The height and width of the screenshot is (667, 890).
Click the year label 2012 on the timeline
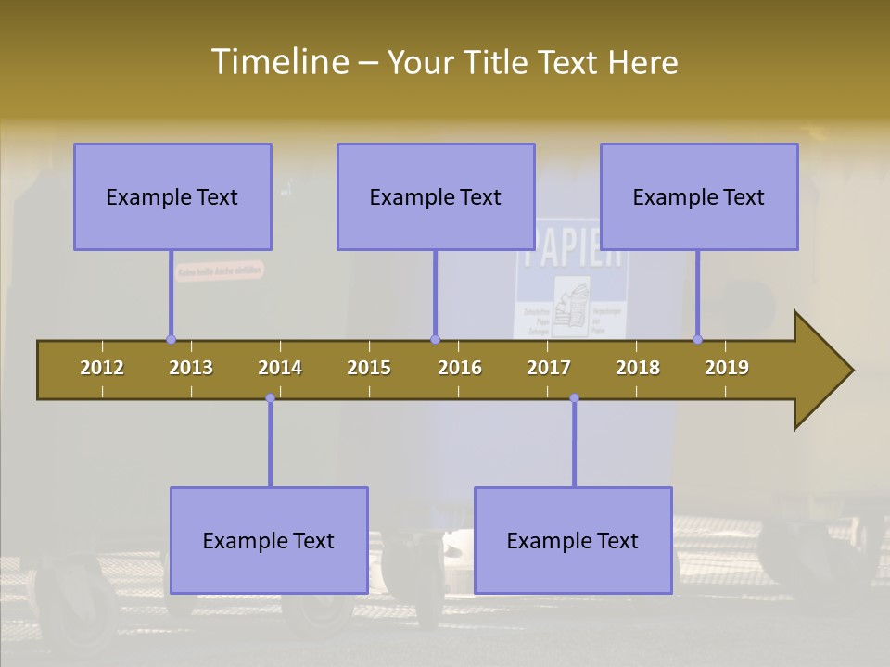[x=102, y=368]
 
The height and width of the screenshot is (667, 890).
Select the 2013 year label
[x=191, y=368]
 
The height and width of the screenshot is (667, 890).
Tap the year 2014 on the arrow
[x=280, y=368]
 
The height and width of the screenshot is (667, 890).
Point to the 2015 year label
[x=369, y=368]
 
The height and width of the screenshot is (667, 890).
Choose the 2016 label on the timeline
[x=460, y=368]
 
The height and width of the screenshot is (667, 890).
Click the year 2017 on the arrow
[x=549, y=368]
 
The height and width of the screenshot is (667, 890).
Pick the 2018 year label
[x=638, y=368]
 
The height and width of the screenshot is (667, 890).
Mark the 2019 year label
[x=727, y=368]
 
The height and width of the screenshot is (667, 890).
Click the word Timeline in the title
[x=277, y=62]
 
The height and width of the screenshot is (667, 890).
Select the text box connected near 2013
[x=172, y=196]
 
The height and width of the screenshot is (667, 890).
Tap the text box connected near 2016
[x=436, y=196]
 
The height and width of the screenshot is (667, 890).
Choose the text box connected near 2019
[x=699, y=196]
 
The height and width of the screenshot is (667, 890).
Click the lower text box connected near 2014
[x=269, y=540]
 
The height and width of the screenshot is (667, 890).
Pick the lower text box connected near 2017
[x=573, y=540]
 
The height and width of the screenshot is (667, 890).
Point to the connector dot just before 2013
[x=171, y=339]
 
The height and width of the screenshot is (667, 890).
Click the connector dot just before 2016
[x=435, y=339]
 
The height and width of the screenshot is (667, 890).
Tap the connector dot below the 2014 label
[x=270, y=398]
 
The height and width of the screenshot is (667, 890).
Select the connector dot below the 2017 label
[x=574, y=398]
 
